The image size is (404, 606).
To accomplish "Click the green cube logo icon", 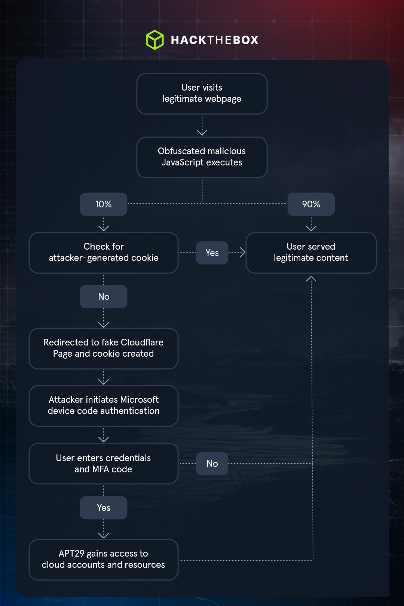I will click(x=154, y=40).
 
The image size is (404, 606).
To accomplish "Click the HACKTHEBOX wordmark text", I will click(x=214, y=40).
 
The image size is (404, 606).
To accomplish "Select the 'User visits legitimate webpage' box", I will click(x=202, y=94).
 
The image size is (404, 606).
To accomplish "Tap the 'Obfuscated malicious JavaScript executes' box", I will click(x=202, y=157).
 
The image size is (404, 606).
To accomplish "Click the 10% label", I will click(x=104, y=204).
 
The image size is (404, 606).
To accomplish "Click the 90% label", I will click(x=311, y=204).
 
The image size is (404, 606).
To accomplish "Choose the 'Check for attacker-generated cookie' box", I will click(x=104, y=253).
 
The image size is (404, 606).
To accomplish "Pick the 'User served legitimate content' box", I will click(x=311, y=253).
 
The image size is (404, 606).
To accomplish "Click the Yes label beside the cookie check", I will click(x=212, y=253).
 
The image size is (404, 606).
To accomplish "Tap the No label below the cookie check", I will click(x=104, y=296).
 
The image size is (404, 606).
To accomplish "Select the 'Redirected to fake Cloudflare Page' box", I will click(x=104, y=348).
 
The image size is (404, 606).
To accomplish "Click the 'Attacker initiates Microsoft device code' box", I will click(x=104, y=406).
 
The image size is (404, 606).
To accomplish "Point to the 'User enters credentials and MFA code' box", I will click(x=104, y=463).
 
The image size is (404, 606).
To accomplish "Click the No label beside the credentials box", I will click(x=212, y=463).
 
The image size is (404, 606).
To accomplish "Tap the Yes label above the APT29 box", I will click(x=104, y=508).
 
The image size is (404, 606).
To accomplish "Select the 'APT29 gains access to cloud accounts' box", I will click(x=104, y=560).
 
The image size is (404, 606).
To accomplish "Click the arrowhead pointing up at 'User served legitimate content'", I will click(x=311, y=279).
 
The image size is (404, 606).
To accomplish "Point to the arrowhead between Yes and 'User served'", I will click(x=242, y=252).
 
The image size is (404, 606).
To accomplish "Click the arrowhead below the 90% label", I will click(x=311, y=228).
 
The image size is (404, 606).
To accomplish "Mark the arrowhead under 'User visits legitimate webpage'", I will click(x=202, y=133).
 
